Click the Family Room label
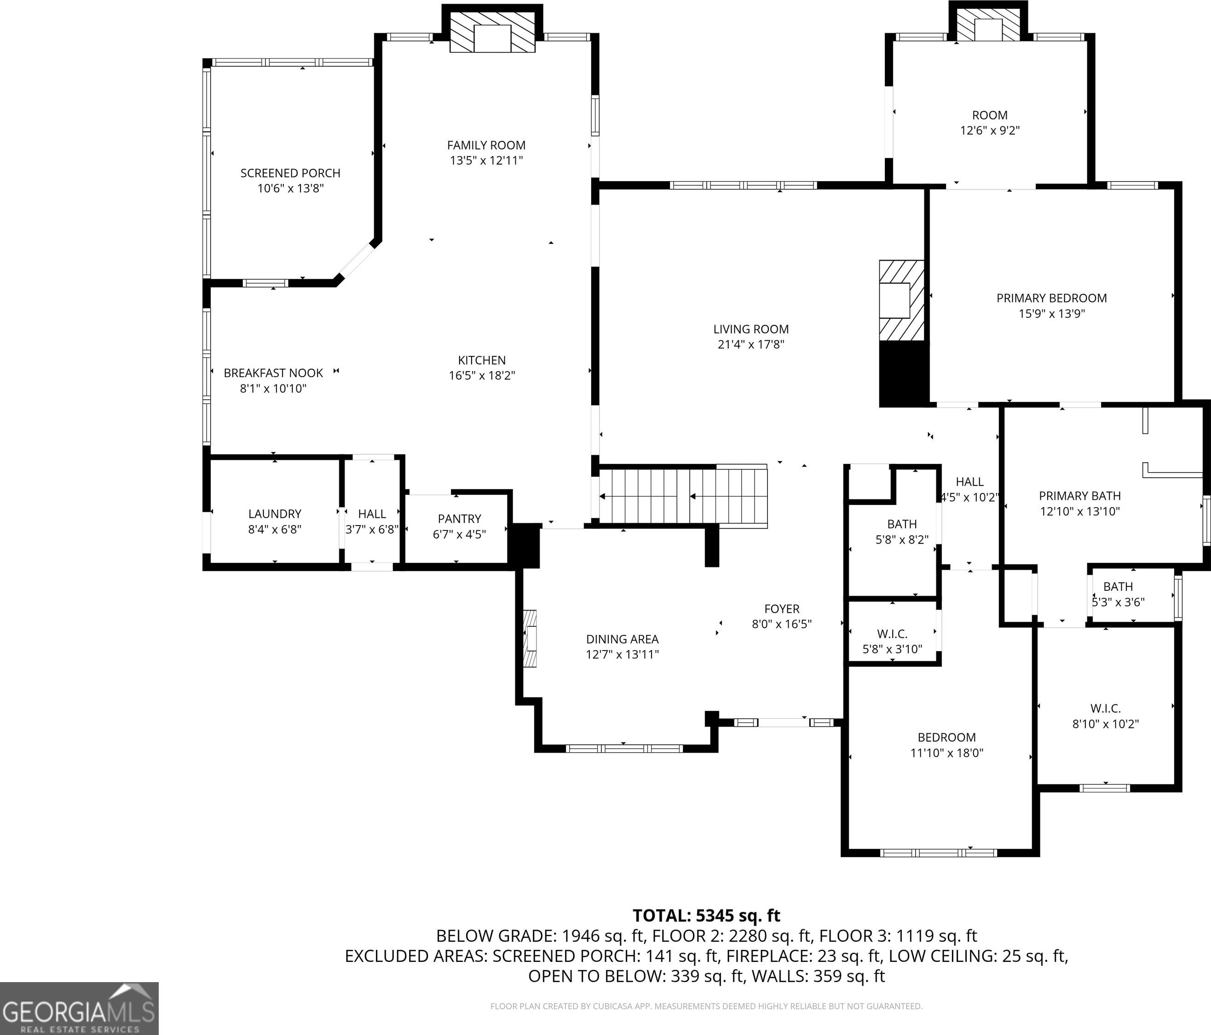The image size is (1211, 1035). tap(486, 145)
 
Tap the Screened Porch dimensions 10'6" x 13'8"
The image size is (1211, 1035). tap(290, 188)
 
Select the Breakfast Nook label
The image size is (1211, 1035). tap(273, 372)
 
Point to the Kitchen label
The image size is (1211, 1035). tap(482, 360)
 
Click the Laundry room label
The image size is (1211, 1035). tap(275, 514)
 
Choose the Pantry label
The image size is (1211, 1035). tap(459, 519)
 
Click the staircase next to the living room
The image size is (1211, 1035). tap(683, 497)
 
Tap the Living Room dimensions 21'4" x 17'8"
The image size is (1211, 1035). tap(751, 344)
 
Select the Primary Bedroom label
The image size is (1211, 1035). tap(1051, 298)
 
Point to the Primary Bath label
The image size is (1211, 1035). tap(1079, 496)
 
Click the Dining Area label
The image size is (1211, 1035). tap(623, 639)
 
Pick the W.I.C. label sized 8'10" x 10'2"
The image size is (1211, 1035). tap(1105, 709)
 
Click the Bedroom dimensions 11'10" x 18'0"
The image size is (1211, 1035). tap(947, 753)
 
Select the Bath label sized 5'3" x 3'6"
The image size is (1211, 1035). tap(1118, 586)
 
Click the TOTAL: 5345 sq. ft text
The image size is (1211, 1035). tap(707, 915)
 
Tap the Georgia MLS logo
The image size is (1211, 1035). tap(79, 1008)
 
